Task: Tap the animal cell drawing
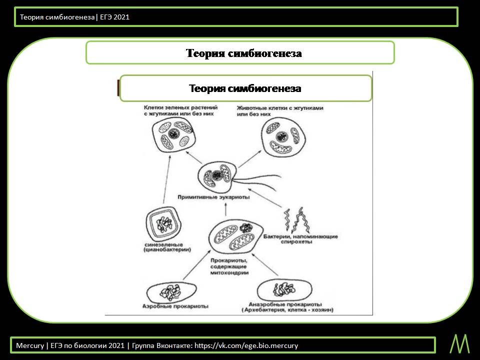tap(282, 138)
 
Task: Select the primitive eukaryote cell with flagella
tap(216, 177)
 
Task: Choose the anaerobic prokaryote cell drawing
tap(283, 290)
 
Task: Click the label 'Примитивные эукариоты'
tap(214, 197)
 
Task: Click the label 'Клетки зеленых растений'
tap(180, 107)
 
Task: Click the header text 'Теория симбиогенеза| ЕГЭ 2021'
tap(74, 17)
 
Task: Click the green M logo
tap(459, 344)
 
